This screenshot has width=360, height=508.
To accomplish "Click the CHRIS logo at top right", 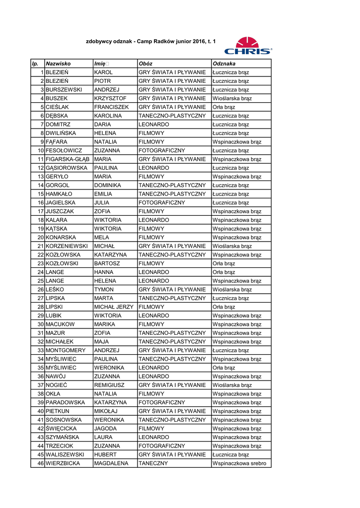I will click(248, 45).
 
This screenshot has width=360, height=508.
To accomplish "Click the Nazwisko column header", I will click(58, 63).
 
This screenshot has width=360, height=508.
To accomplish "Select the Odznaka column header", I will click(224, 63).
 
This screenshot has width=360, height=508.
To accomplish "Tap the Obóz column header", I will click(145, 63).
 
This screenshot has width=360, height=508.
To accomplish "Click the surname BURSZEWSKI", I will click(64, 90).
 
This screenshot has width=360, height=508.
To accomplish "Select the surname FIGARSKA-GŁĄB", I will click(67, 159).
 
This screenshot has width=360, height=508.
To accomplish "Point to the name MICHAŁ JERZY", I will click(114, 307).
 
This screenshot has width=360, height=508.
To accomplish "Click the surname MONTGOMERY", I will click(66, 350).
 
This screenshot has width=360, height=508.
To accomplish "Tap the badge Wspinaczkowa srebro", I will click(239, 463).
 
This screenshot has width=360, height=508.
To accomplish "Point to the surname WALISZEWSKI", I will click(65, 454).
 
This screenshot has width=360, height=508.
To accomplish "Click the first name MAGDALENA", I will click(111, 463).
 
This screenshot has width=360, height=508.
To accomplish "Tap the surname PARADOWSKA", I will click(65, 402).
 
